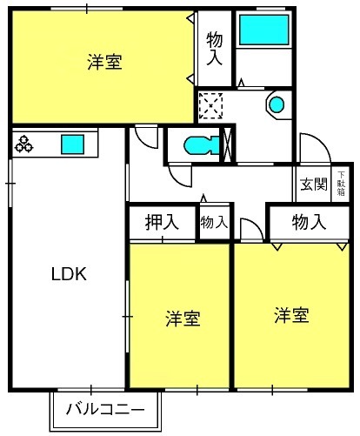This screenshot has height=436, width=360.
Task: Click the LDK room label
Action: click(66, 273)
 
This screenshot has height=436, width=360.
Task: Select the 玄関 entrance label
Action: click(314, 184)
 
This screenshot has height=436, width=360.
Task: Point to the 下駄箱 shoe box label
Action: click(340, 184)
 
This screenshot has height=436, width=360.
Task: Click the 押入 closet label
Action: click(162, 222)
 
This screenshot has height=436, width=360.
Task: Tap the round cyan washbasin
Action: click(276, 105)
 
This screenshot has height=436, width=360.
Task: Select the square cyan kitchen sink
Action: click(71, 143)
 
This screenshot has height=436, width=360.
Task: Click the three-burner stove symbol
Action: click(23, 143)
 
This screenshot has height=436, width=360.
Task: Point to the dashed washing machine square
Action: click(211, 105)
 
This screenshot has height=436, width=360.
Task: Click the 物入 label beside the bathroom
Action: click(214, 48)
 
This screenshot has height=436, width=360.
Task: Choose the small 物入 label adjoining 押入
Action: click(214, 223)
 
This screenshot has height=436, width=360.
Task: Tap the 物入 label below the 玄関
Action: click(309, 222)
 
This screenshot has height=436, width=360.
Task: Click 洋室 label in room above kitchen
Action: click(104, 63)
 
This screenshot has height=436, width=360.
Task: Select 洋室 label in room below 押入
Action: click(183, 319)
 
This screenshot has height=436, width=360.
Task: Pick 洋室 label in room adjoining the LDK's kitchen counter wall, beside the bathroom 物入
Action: click(104, 63)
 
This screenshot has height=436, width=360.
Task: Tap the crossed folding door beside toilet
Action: click(230, 144)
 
